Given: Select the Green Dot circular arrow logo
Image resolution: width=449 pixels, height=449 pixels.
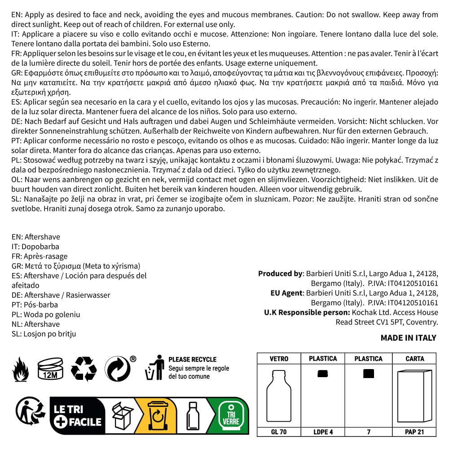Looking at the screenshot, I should click(x=117, y=369).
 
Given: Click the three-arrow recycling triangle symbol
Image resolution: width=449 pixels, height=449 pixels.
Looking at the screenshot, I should click(x=84, y=369).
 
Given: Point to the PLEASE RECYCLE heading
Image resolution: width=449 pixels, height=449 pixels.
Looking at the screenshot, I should click(x=192, y=359).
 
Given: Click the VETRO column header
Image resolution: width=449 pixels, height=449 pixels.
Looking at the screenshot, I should click(x=279, y=359).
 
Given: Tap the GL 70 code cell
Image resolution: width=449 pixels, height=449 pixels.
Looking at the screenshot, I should click(x=279, y=432).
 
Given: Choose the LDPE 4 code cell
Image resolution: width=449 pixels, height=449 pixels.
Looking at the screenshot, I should click(x=323, y=432).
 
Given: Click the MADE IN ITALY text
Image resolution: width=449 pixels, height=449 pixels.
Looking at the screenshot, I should click(x=408, y=338).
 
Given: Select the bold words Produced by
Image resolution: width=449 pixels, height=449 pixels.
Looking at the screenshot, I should click(x=280, y=273).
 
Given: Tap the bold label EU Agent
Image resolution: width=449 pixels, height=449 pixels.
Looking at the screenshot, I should click(x=287, y=293).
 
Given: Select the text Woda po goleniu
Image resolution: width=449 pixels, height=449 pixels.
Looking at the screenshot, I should click(x=52, y=314).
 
